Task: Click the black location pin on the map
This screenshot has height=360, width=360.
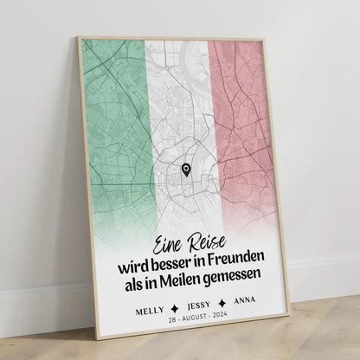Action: pyautogui.click(x=187, y=170)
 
